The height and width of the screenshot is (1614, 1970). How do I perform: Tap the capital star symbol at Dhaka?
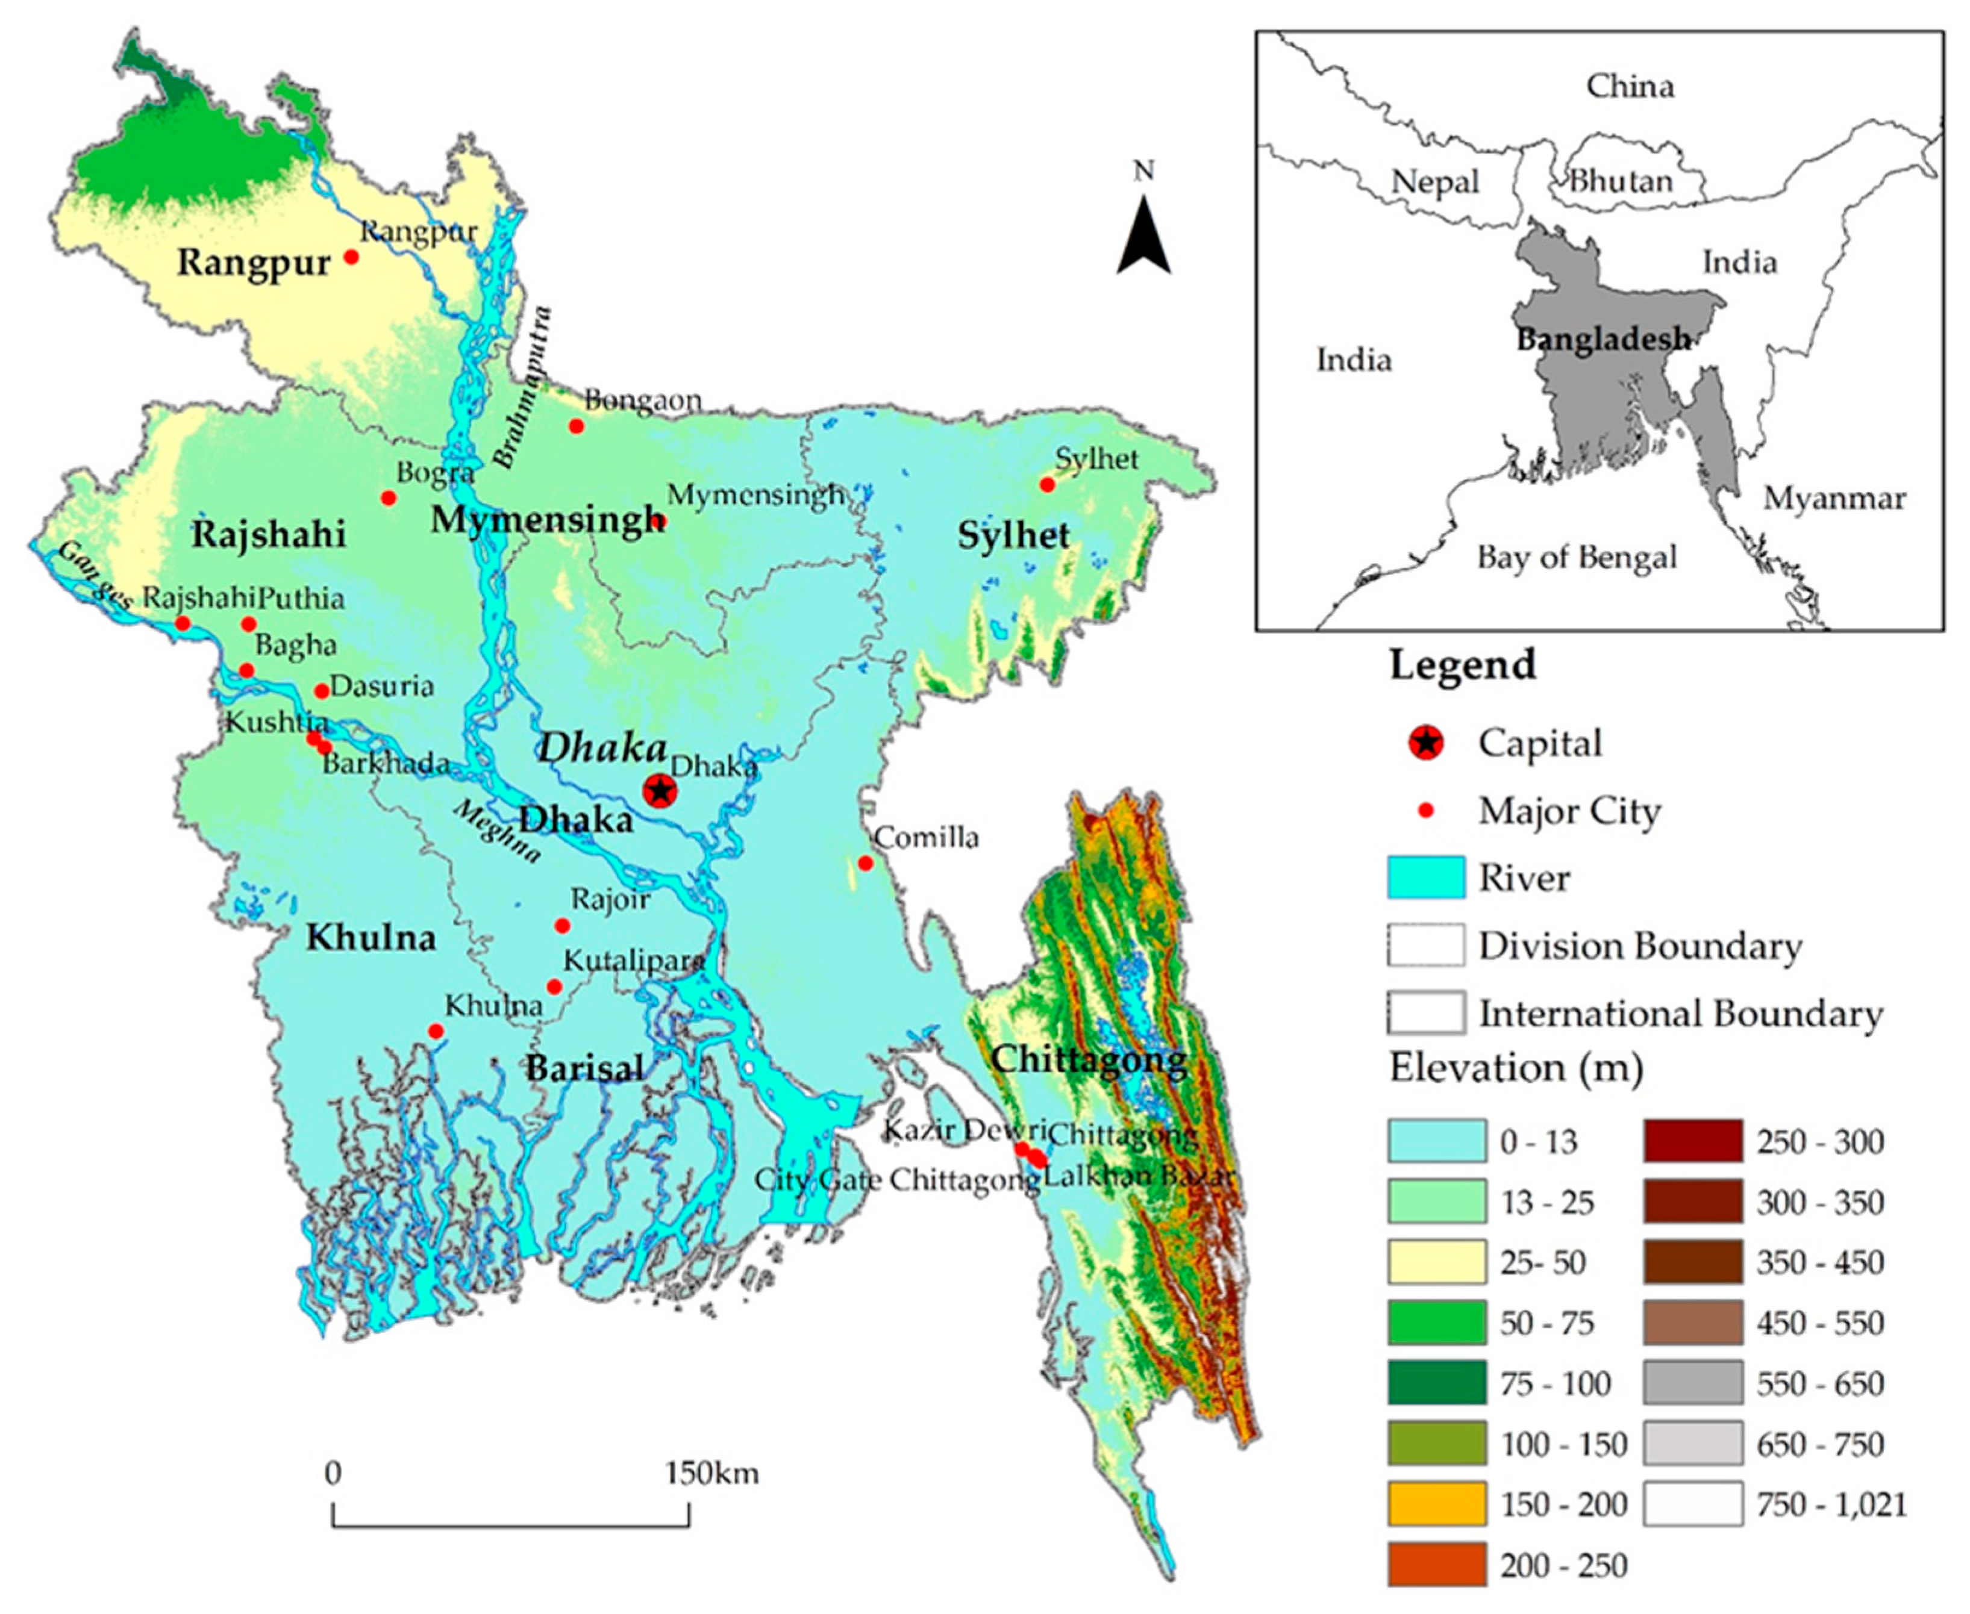click(x=660, y=791)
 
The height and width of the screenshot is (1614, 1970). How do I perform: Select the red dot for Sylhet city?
click(x=1047, y=484)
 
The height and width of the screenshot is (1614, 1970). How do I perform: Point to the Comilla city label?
click(x=927, y=838)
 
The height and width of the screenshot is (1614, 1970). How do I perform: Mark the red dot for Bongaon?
click(x=577, y=426)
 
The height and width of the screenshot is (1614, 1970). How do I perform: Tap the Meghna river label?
click(x=496, y=831)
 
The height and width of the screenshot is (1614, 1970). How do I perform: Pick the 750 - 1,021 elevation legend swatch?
click(x=1692, y=1504)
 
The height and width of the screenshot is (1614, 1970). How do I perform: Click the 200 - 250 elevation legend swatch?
click(x=1436, y=1565)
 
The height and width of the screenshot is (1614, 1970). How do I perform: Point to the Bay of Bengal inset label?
click(x=1577, y=557)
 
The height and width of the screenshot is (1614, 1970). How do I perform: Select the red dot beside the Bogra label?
click(x=389, y=498)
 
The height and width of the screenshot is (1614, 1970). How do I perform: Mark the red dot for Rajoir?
click(x=563, y=925)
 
